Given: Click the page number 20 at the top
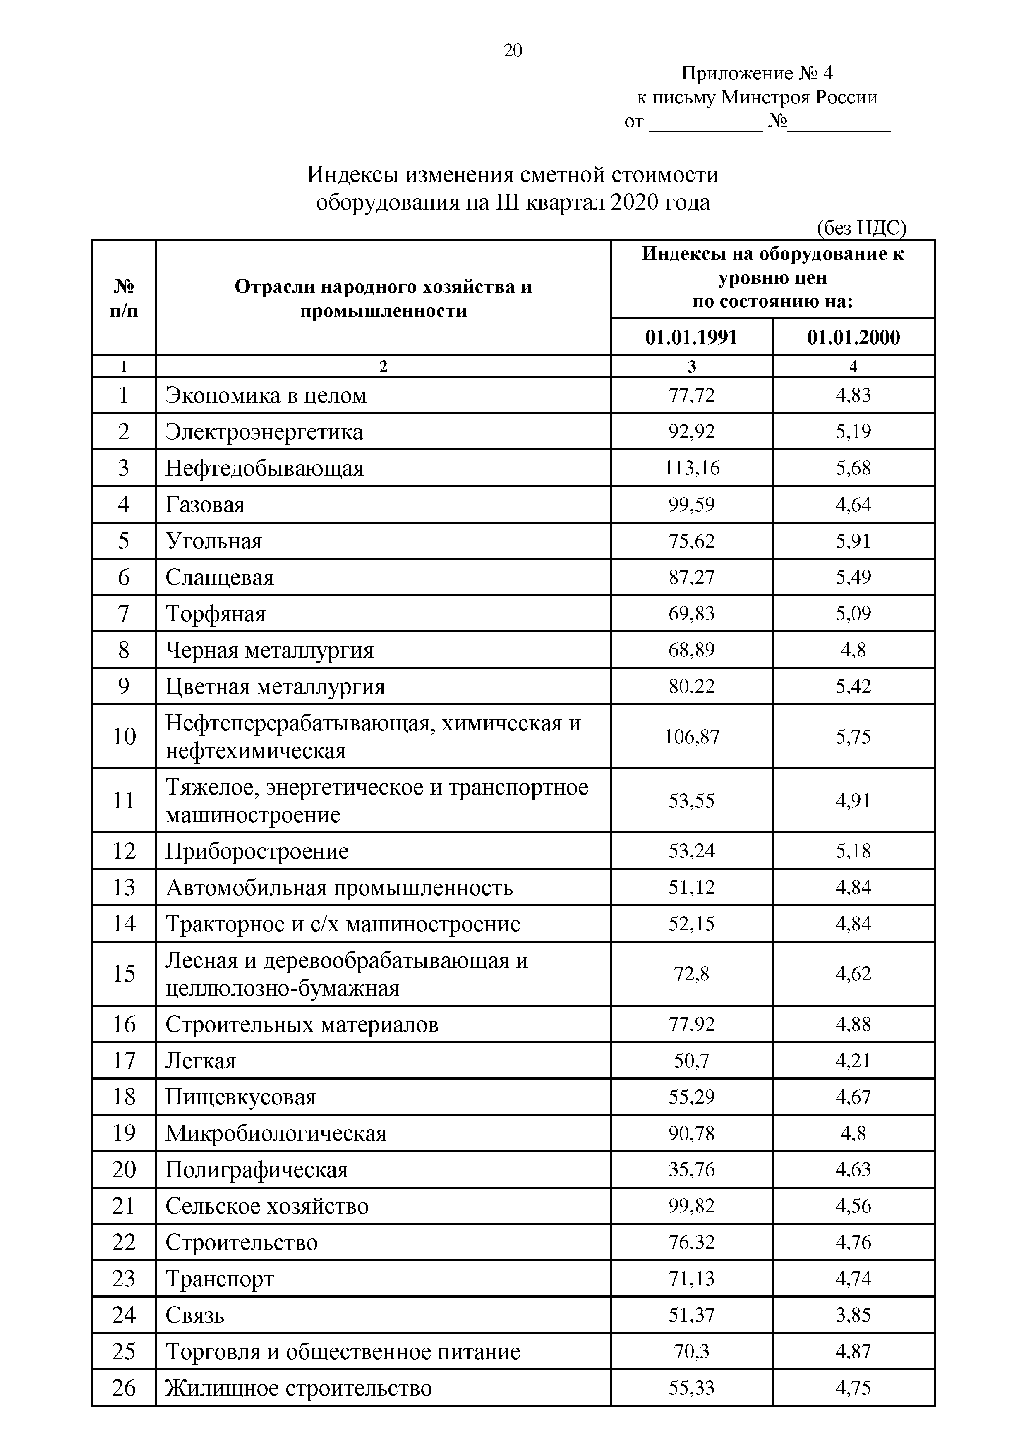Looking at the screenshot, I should click(513, 50).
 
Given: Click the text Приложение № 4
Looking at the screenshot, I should click(757, 74).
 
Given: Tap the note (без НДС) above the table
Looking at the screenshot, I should click(861, 227).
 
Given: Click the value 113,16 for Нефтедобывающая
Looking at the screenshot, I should click(692, 468).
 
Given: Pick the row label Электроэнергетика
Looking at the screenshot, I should click(264, 432).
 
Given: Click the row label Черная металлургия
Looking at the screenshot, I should click(269, 650).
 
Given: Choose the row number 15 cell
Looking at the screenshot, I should click(124, 974).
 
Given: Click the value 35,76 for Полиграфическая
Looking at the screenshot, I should click(692, 1170).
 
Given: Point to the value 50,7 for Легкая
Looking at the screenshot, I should click(692, 1061).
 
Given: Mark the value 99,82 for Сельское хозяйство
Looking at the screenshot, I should click(692, 1206).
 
